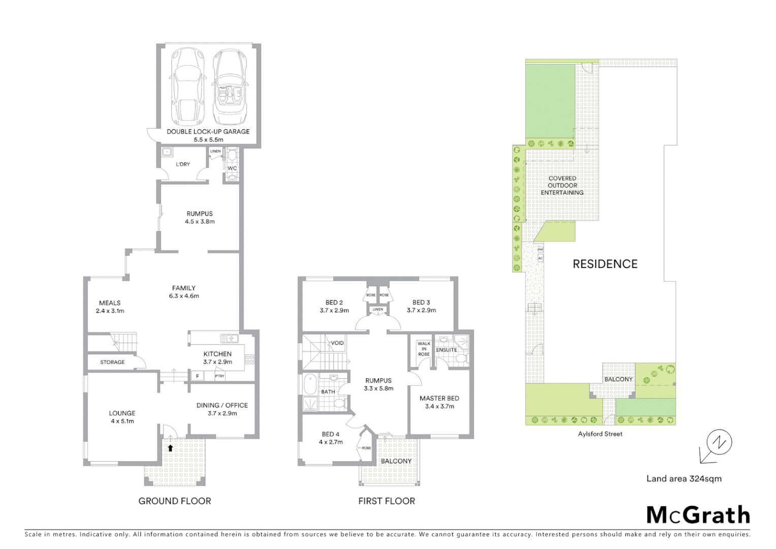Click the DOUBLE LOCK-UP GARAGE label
208,132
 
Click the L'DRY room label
183,164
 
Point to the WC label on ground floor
232,168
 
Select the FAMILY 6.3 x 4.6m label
183,292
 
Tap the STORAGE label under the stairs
112,362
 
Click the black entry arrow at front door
170,448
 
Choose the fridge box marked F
197,376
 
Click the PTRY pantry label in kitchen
219,376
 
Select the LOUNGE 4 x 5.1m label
122,417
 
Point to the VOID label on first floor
337,343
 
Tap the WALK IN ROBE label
424,349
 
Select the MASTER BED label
439,399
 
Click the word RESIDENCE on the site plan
605,264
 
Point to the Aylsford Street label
600,434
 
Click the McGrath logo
698,515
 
